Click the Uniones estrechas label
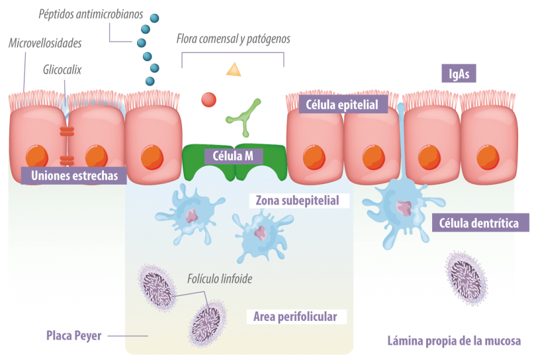(x=74, y=175)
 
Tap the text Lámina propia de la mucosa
(x=454, y=341)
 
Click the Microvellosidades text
(x=46, y=43)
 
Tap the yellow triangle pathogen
(x=233, y=69)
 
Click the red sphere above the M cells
(x=208, y=99)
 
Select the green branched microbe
(x=242, y=114)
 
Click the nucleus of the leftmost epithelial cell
(x=36, y=157)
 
